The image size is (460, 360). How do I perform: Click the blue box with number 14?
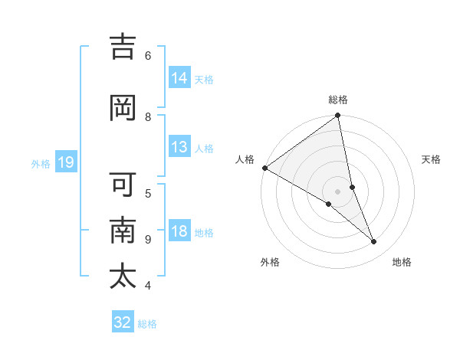[x=179, y=78]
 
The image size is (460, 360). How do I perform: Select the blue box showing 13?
[x=179, y=147]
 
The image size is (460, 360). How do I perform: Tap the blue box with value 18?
[x=179, y=231]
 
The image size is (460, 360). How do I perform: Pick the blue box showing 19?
[x=65, y=162]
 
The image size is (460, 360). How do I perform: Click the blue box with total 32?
[x=123, y=322]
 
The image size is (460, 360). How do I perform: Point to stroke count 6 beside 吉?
[x=148, y=55]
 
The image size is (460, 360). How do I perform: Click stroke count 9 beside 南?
[x=148, y=239]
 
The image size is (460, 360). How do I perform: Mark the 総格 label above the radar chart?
[x=338, y=100]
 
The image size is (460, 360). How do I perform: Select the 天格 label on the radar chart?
[x=432, y=159]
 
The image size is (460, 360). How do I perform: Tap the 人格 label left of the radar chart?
[x=245, y=159]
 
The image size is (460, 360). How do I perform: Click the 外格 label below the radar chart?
[x=270, y=262]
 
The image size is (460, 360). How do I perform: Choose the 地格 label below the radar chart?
[x=402, y=262]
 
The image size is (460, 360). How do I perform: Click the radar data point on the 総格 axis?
[x=338, y=116]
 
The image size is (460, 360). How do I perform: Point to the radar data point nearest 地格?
[x=374, y=242]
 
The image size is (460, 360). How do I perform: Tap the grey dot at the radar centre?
[x=338, y=191]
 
